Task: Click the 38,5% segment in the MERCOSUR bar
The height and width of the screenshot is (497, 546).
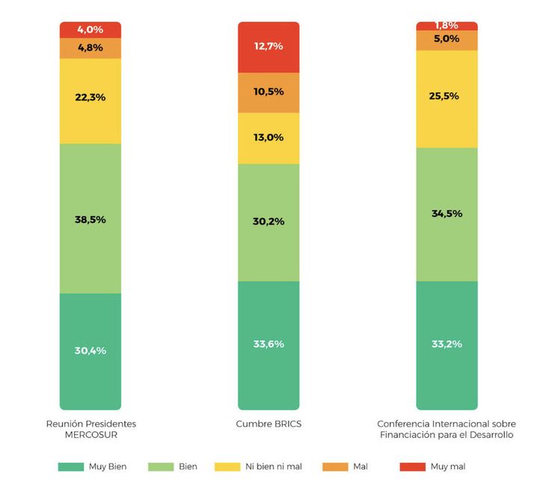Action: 91,219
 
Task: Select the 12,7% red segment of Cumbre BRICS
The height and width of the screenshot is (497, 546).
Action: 269,46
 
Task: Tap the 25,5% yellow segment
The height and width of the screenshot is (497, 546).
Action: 447,97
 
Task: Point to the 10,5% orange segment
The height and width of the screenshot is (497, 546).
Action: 269,92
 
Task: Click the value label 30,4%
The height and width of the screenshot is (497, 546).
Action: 91,350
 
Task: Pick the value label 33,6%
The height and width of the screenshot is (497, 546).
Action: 269,344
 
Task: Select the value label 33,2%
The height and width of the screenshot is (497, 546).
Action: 447,344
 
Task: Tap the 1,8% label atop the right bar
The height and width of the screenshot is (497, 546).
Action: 447,25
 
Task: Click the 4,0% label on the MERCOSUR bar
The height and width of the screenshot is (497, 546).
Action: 91,30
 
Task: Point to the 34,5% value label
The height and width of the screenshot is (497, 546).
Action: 447,213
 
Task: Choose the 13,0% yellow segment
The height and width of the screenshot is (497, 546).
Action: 269,138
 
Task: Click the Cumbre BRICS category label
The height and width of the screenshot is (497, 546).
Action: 269,424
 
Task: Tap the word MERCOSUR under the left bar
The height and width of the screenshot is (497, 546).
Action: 91,434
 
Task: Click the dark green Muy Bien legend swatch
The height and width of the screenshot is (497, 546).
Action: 70,467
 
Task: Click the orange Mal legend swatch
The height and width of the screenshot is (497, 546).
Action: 334,467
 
